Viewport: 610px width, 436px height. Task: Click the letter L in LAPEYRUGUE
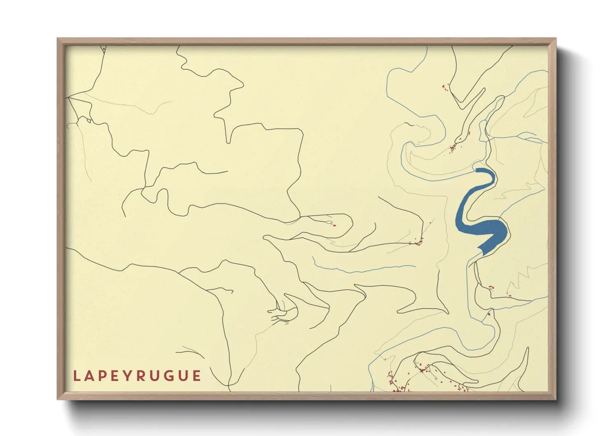[x=76, y=376]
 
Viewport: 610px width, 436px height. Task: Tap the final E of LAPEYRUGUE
[x=197, y=376]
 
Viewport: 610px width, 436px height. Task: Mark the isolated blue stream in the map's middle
[x=363, y=270]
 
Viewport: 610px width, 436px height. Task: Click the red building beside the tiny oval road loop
[x=334, y=225]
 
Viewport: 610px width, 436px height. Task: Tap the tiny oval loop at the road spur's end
[x=329, y=223]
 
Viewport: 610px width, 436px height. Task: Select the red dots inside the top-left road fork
[x=103, y=49]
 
